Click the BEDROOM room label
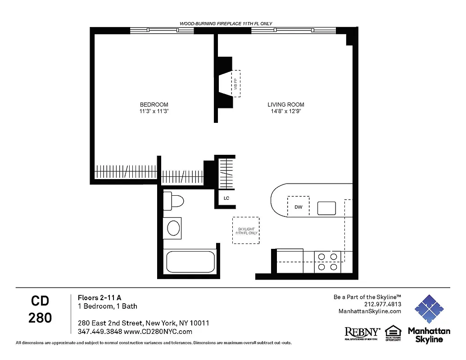pyautogui.click(x=154, y=104)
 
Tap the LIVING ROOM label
pyautogui.click(x=286, y=104)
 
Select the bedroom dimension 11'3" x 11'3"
pyautogui.click(x=154, y=111)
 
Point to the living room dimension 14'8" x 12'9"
pyautogui.click(x=286, y=111)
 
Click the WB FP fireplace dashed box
pyautogui.click(x=236, y=83)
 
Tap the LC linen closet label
pyautogui.click(x=226, y=198)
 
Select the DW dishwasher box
pyautogui.click(x=298, y=207)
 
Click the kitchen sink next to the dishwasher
pyautogui.click(x=326, y=208)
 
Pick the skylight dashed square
pyautogui.click(x=246, y=230)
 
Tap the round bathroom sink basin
pyautogui.click(x=173, y=228)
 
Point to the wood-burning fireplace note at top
pyautogui.click(x=226, y=23)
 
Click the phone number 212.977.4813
pyautogui.click(x=383, y=304)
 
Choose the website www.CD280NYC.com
pyautogui.click(x=158, y=332)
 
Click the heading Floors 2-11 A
pyautogui.click(x=100, y=297)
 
